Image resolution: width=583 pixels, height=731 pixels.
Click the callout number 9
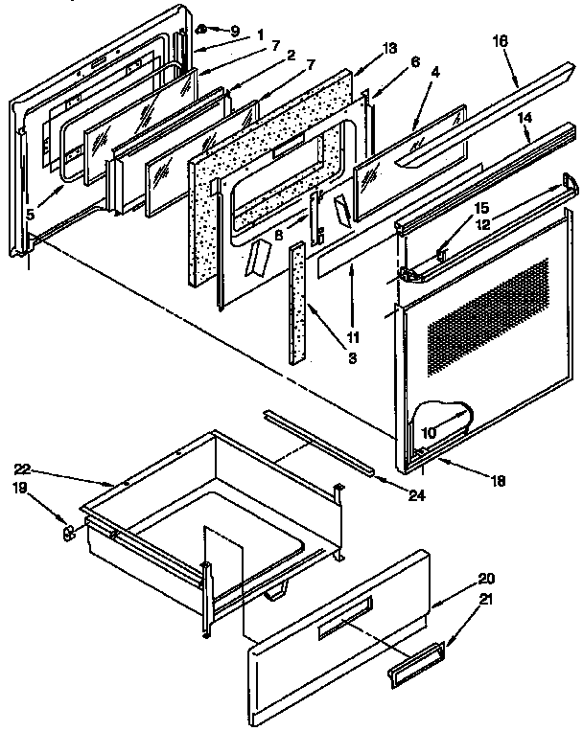pos(235,31)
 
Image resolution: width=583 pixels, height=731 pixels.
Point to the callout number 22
pos(23,468)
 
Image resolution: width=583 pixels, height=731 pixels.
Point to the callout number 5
pos(31,215)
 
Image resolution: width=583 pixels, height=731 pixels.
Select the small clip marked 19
pos(68,533)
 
